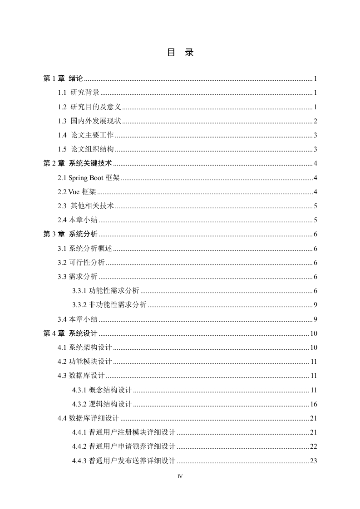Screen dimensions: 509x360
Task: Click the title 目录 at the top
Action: point(180,53)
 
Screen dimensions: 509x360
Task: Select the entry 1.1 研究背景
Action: point(79,93)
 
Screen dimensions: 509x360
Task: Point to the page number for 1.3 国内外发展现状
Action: point(315,121)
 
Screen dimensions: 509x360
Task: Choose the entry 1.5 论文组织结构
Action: point(85,149)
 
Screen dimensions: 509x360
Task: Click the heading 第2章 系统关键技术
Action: point(77,163)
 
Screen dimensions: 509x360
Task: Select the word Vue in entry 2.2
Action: point(74,192)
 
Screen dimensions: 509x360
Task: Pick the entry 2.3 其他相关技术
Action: point(85,206)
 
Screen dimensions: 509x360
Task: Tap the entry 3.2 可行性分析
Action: point(81,263)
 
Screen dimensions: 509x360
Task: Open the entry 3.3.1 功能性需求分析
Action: point(106,291)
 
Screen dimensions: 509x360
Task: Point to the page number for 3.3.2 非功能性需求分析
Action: point(315,305)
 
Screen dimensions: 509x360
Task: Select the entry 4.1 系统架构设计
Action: point(85,347)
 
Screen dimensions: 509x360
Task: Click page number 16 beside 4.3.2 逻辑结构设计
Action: point(313,404)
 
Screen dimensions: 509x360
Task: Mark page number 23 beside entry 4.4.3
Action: point(313,461)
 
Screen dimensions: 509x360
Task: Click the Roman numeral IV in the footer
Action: point(180,476)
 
